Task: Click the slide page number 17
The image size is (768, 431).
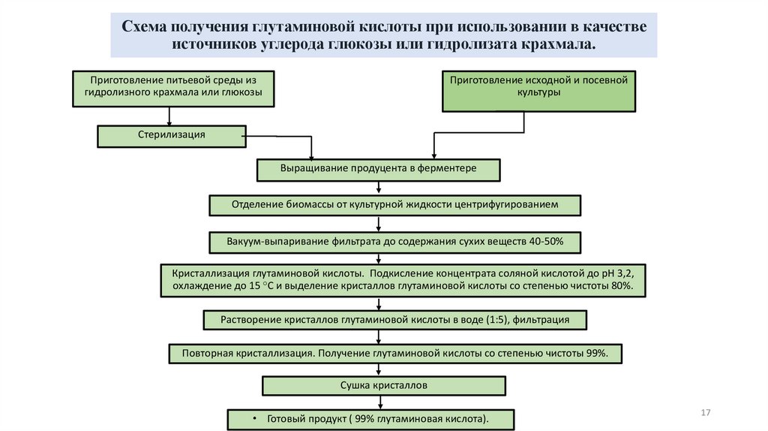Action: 704,414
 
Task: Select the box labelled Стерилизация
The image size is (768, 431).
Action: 172,136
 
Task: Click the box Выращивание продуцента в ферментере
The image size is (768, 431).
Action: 379,170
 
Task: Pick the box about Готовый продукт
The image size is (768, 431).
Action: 372,418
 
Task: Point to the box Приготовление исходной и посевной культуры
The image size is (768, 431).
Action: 538,91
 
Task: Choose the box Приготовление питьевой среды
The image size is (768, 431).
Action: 172,87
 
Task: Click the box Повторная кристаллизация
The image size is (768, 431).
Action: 394,353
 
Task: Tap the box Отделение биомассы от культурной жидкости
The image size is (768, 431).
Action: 394,205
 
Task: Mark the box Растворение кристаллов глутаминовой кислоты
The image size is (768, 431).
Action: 394,321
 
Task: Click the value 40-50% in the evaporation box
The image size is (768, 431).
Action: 542,243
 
